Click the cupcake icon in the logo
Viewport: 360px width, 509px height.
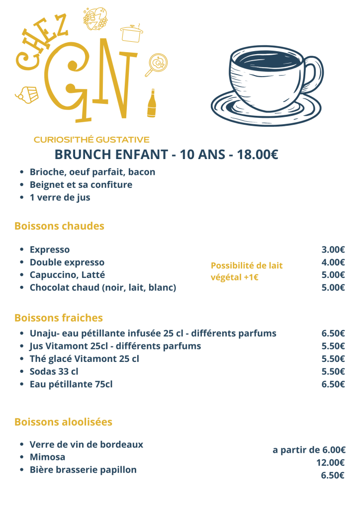point(28,95)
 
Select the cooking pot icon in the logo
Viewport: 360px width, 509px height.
point(131,33)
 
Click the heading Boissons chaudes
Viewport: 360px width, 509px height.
point(59,226)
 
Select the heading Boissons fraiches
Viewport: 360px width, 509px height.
point(58,318)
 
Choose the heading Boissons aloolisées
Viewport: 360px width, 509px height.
point(63,422)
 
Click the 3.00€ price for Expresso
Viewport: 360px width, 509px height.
point(333,250)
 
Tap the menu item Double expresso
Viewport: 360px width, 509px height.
point(67,262)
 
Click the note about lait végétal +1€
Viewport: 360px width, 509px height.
point(246,271)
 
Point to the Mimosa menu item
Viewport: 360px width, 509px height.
point(47,457)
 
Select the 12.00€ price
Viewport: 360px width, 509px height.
point(331,463)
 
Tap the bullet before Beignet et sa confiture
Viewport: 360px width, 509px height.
point(22,185)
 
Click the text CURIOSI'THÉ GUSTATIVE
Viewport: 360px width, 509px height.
point(91,140)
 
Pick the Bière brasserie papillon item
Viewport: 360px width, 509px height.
point(83,470)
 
